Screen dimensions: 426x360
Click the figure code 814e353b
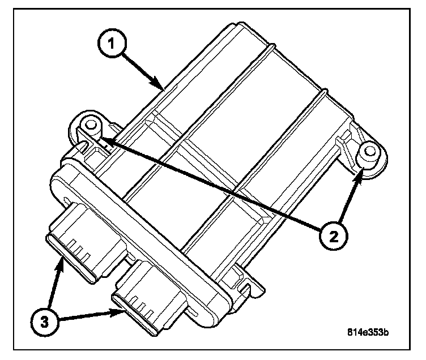pyautogui.click(x=368, y=332)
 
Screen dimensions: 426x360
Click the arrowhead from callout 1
pyautogui.click(x=161, y=87)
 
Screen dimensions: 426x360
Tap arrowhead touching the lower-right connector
pyautogui.click(x=122, y=311)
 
